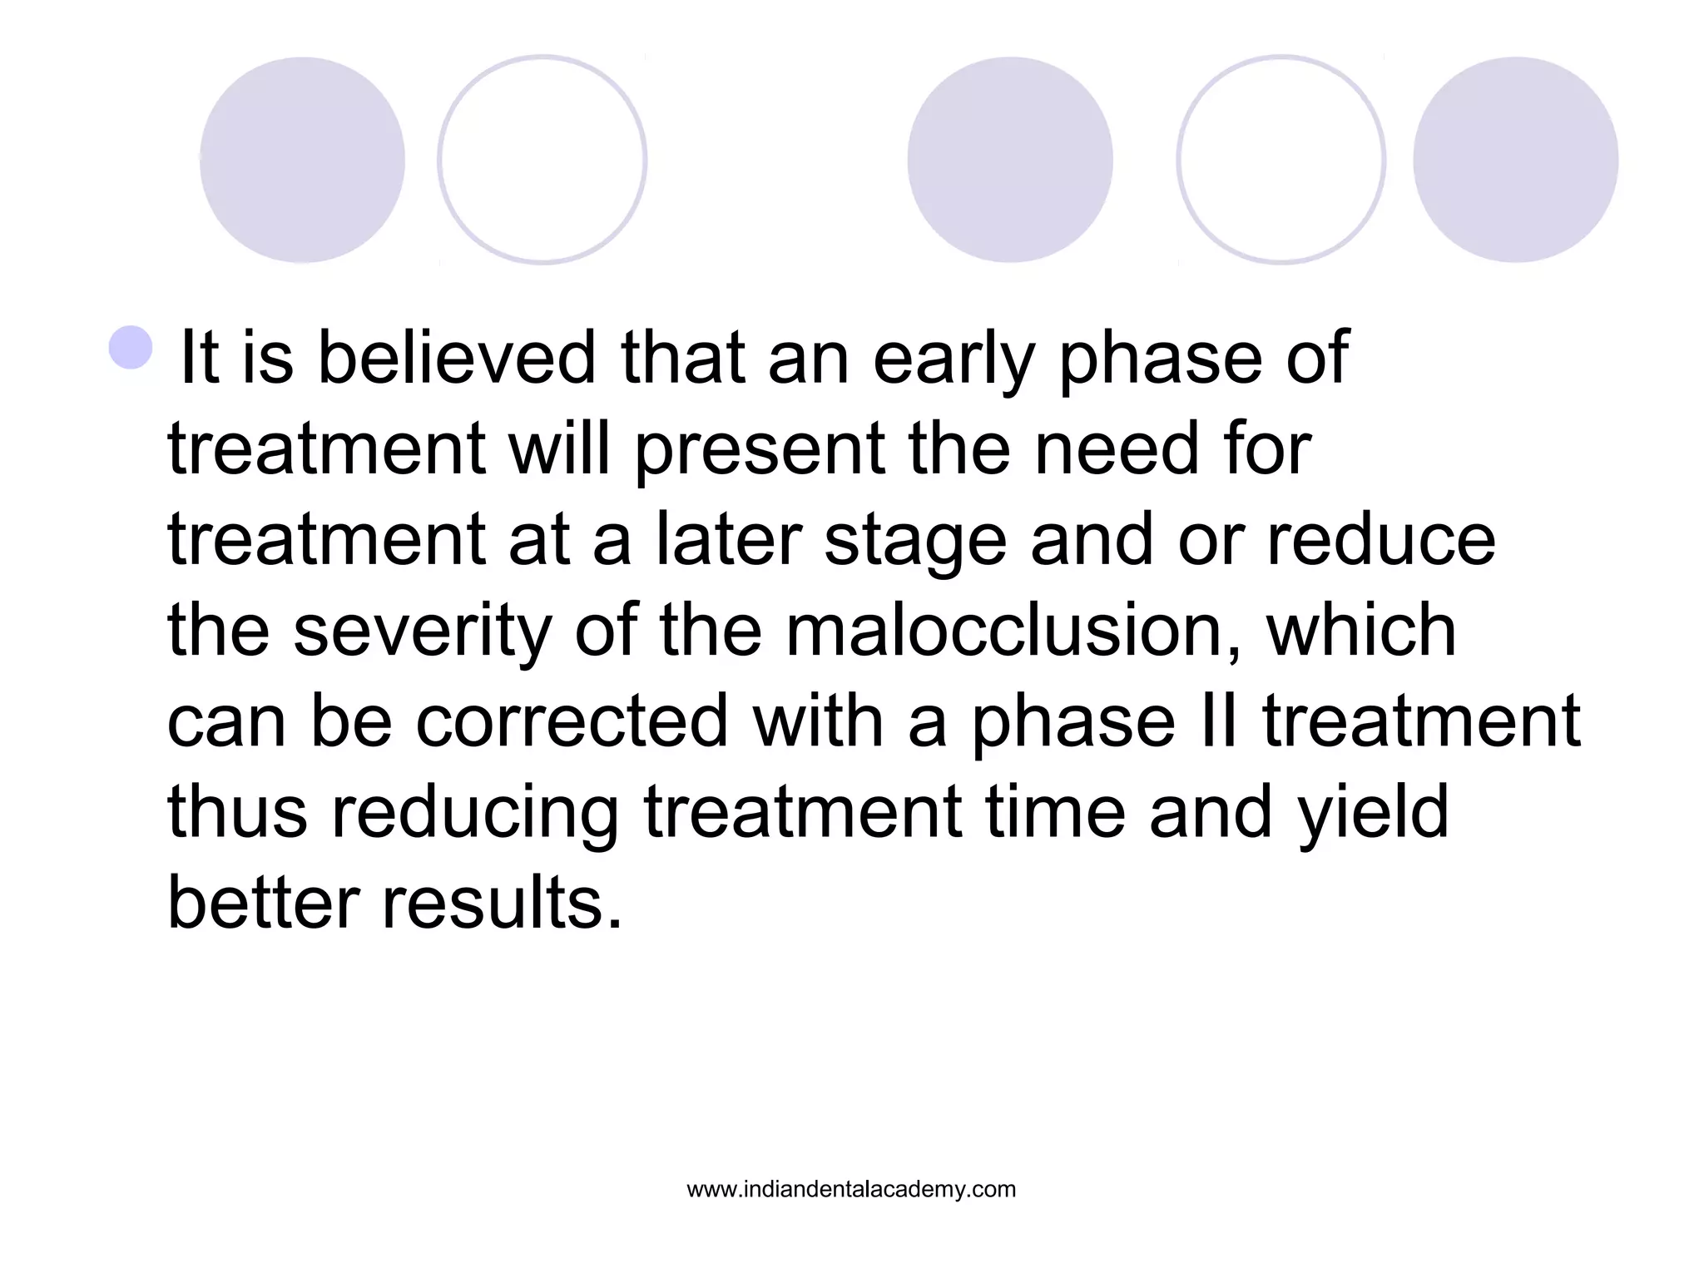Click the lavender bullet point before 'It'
pyautogui.click(x=131, y=348)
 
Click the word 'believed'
pyautogui.click(x=457, y=358)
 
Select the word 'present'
pyautogui.click(x=760, y=449)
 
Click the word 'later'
pyautogui.click(x=729, y=539)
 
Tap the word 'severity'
pyautogui.click(x=423, y=631)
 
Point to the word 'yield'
pyautogui.click(x=1374, y=812)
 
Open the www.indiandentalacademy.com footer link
pyautogui.click(x=851, y=1189)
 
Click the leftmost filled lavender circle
pyautogui.click(x=302, y=160)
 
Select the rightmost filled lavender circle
pyautogui.click(x=1515, y=160)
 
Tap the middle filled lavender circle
pyautogui.click(x=1009, y=160)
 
